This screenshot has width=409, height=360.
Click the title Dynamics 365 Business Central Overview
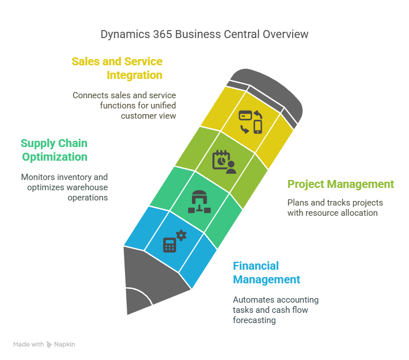click(204, 34)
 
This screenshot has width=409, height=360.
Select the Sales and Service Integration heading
click(117, 68)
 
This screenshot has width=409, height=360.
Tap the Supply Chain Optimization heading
click(54, 150)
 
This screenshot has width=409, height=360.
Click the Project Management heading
click(340, 184)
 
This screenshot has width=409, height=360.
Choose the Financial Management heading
click(266, 273)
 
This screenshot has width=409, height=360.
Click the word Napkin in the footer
click(65, 345)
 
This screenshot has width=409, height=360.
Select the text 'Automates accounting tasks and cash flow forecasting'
click(276, 309)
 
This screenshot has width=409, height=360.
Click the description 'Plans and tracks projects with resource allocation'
click(335, 207)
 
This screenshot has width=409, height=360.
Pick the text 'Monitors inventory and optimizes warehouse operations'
click(64, 187)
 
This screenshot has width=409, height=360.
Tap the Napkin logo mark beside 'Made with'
click(49, 345)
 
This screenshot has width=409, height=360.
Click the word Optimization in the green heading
click(54, 157)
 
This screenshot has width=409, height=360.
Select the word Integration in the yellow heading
click(134, 75)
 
